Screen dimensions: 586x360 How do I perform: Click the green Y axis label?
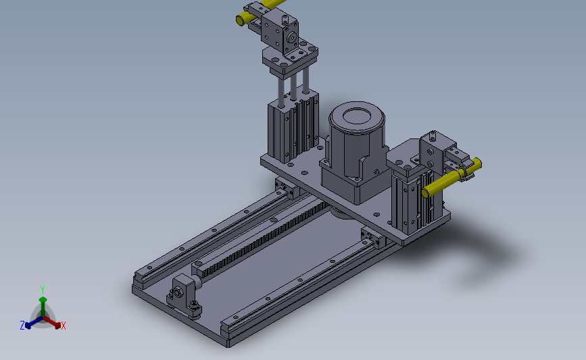[42, 290]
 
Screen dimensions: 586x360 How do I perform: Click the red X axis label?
[63, 326]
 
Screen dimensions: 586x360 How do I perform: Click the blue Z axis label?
[22, 326]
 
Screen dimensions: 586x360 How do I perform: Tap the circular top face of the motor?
[356, 116]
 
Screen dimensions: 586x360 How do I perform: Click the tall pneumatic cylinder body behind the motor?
[293, 126]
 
